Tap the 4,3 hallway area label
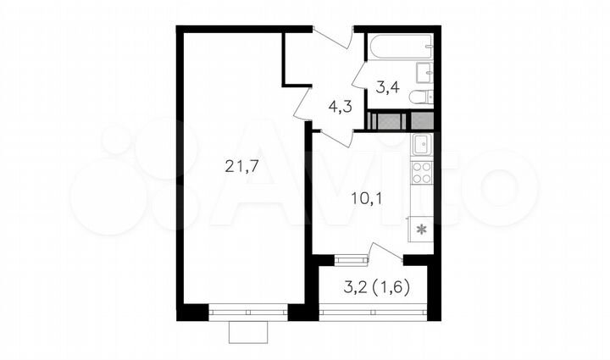tap(340, 108)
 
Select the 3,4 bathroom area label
tap(387, 86)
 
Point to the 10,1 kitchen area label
tap(365, 200)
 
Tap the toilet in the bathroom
tap(420, 97)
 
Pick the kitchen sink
tap(421, 145)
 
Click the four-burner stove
tap(421, 174)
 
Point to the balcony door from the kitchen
tap(386, 252)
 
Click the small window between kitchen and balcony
tap(346, 259)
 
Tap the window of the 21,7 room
tap(249, 311)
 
